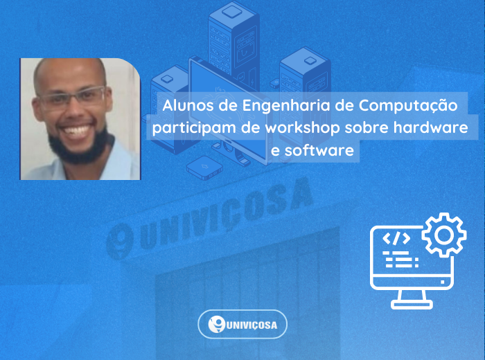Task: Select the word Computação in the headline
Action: pyautogui.click(x=408, y=106)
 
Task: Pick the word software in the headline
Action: pyautogui.click(x=319, y=150)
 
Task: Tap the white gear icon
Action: pyautogui.click(x=444, y=235)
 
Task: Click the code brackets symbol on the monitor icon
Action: pyautogui.click(x=396, y=238)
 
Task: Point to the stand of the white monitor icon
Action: pyautogui.click(x=412, y=299)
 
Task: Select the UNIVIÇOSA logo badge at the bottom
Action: pyautogui.click(x=242, y=325)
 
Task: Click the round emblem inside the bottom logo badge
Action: pyautogui.click(x=216, y=325)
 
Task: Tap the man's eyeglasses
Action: pyautogui.click(x=73, y=98)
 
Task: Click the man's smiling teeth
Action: pyautogui.click(x=76, y=131)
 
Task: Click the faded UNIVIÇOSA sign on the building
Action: pyautogui.click(x=210, y=219)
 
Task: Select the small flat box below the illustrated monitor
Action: pyautogui.click(x=204, y=168)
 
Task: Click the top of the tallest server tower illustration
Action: pyautogui.click(x=232, y=12)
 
